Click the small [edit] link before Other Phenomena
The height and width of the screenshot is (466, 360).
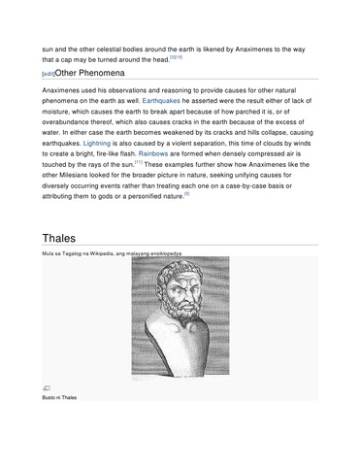[x=49, y=74]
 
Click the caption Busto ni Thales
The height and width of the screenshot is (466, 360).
[x=59, y=397]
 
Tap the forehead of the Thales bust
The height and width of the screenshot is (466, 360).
[x=180, y=281]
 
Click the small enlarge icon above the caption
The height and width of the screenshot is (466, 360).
[x=47, y=386]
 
